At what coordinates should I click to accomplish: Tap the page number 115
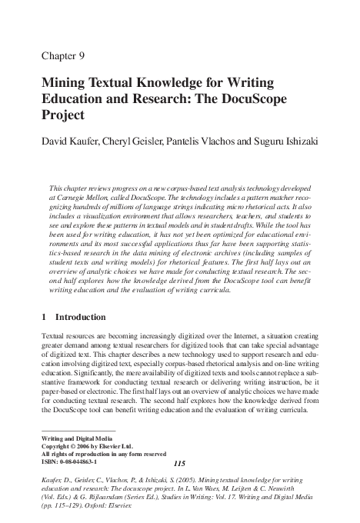pos(182,463)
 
